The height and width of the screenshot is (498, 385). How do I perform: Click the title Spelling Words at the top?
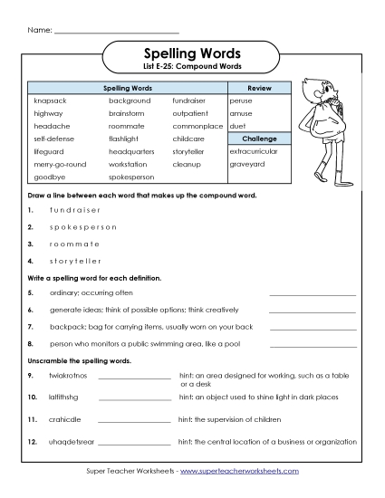[x=191, y=54]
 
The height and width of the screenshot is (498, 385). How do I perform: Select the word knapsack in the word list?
[x=49, y=101]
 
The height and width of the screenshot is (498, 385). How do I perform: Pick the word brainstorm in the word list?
[x=126, y=114]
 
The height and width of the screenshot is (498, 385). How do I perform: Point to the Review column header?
[x=259, y=88]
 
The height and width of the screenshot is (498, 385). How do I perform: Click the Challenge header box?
[x=259, y=139]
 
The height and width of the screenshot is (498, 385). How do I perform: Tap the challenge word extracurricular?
[x=254, y=151]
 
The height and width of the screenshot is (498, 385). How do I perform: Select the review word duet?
[x=238, y=127]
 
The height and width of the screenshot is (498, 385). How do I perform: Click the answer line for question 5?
[x=313, y=294]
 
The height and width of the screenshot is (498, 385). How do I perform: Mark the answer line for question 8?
[x=313, y=344]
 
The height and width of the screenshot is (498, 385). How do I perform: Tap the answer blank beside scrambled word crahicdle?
[x=133, y=420]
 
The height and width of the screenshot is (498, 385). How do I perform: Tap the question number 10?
[x=31, y=397]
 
